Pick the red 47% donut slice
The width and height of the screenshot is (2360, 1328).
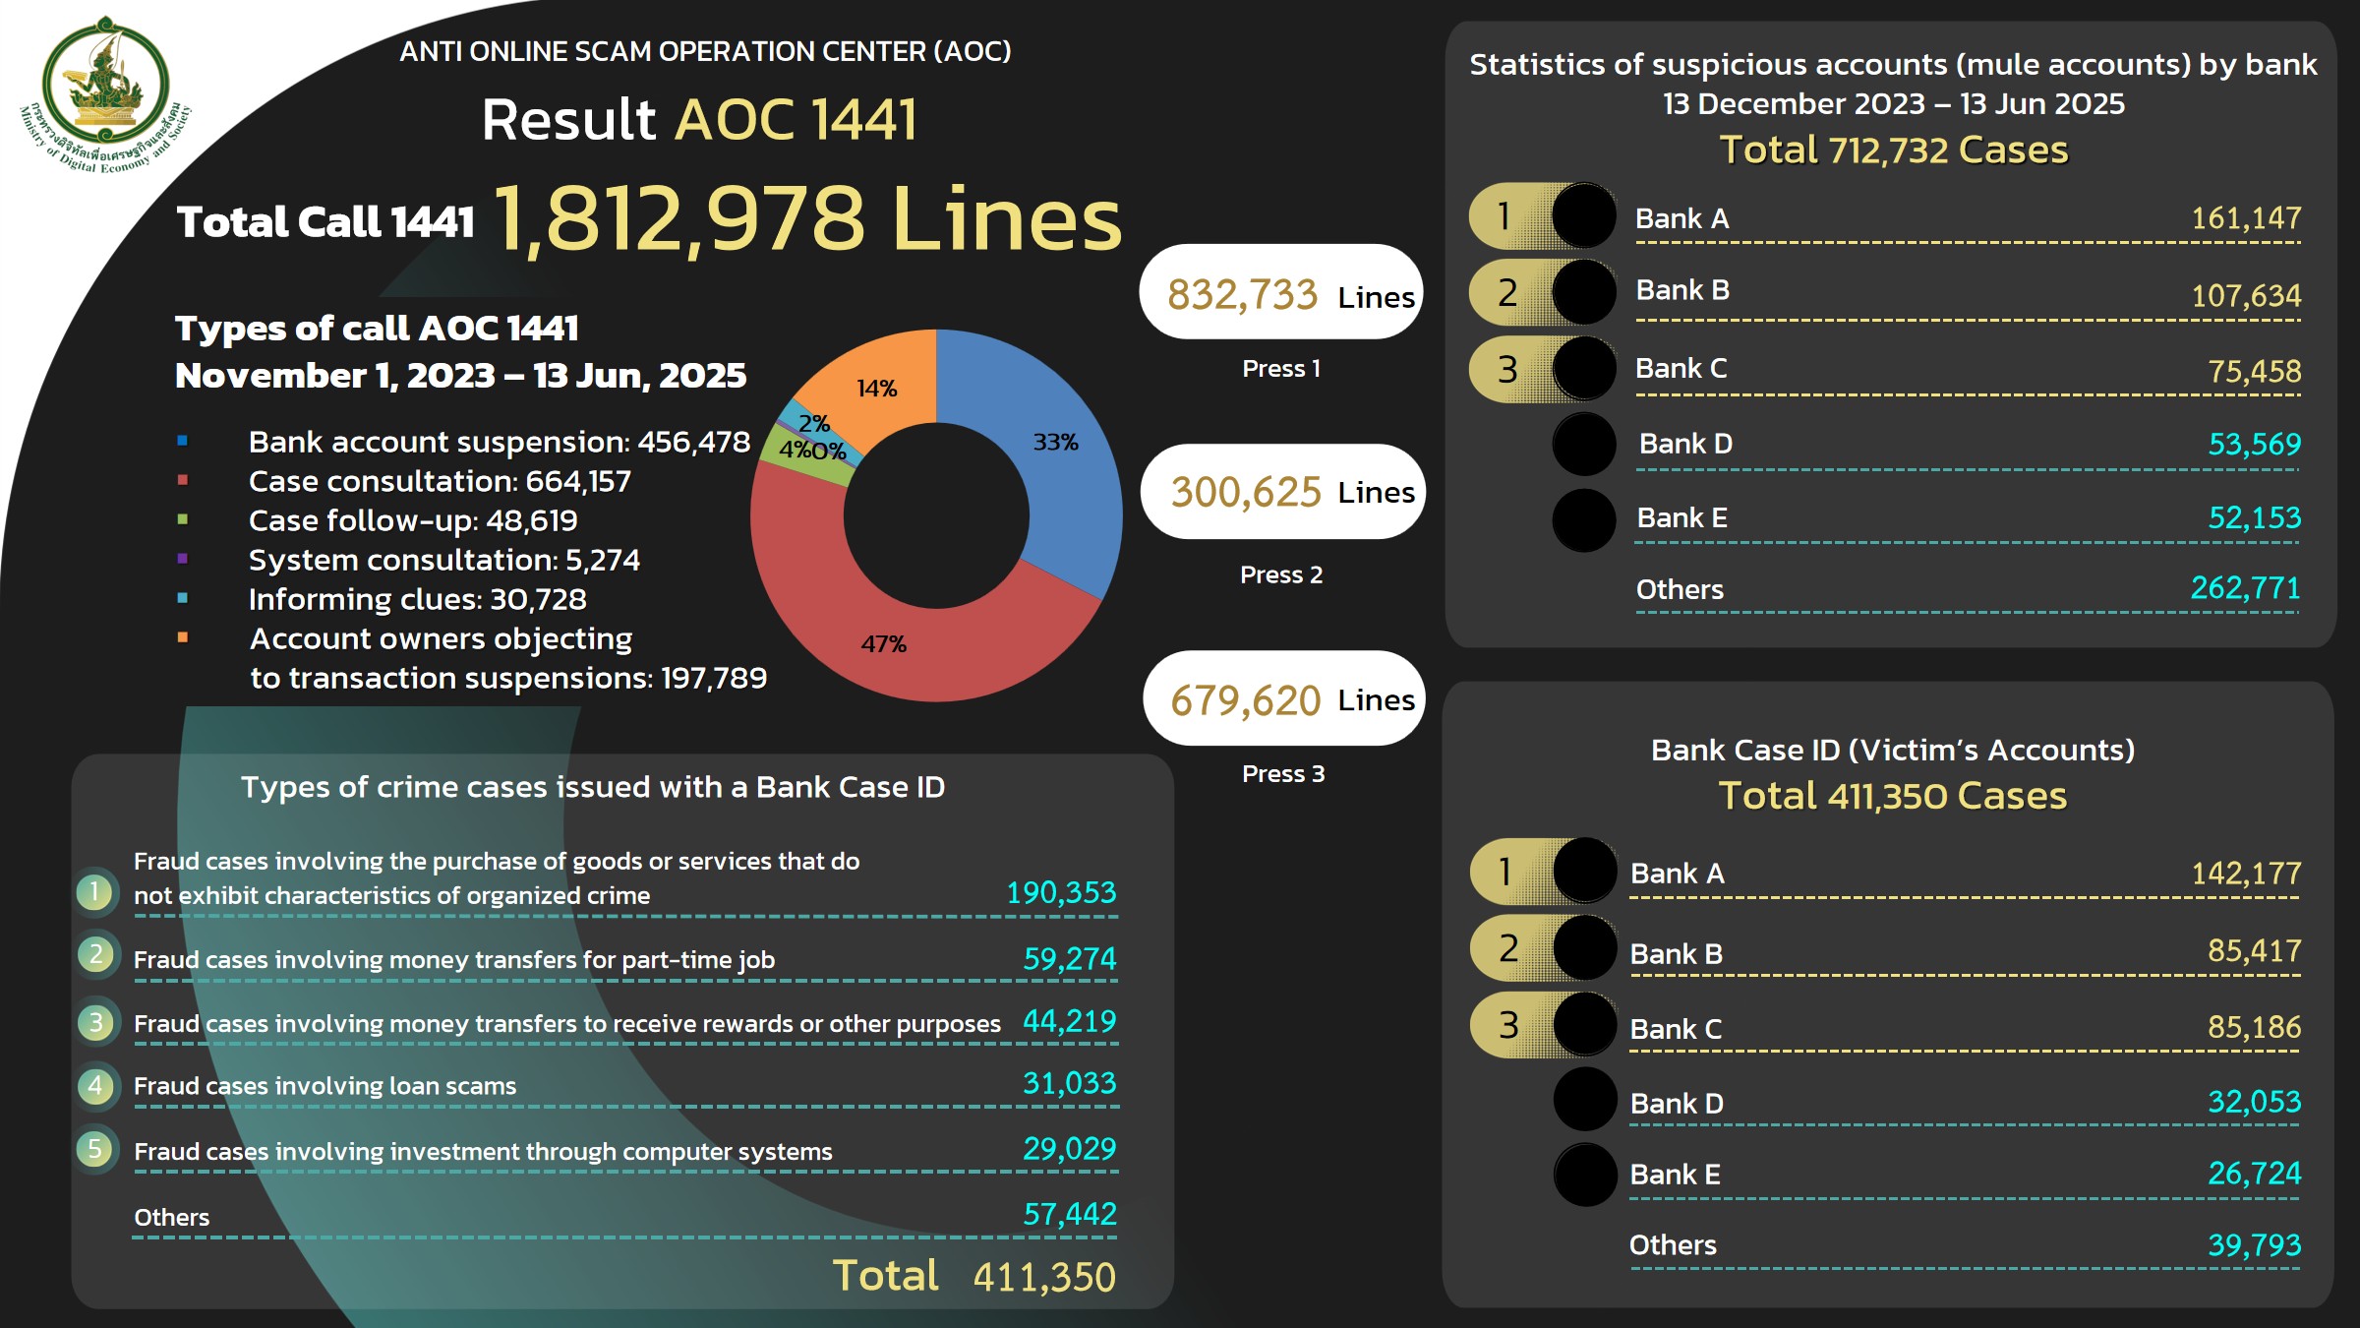point(885,639)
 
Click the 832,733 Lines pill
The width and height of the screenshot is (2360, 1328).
point(1280,292)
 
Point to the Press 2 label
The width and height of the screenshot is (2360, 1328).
point(1280,574)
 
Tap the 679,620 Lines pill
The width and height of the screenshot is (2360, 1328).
point(1283,698)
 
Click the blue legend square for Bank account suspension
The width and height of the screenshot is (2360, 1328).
point(182,441)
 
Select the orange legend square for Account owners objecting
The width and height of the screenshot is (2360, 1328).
point(182,637)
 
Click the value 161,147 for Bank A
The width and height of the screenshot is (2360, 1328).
point(2246,217)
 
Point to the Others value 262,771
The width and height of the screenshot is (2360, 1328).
point(2245,588)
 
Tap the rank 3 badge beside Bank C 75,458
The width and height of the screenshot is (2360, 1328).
point(1506,370)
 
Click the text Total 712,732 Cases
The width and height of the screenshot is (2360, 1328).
point(1893,151)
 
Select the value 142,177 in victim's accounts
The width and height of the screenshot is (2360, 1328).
point(2246,873)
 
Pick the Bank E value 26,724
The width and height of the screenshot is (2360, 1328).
point(2254,1173)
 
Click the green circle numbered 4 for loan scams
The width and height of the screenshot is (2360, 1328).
point(95,1086)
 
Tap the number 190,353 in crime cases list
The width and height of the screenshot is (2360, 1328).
point(1061,892)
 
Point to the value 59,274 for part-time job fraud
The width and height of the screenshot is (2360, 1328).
point(1069,958)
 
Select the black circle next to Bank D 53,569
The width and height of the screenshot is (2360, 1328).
point(1583,444)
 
